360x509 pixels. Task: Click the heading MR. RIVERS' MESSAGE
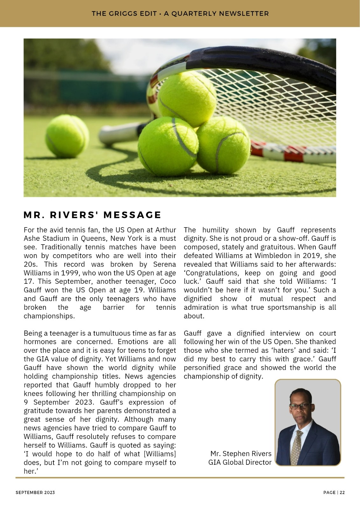coord(92,215)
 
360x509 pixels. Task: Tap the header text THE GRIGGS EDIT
coord(124,14)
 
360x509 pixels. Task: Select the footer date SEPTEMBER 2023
coord(35,492)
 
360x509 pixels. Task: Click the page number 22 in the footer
coord(342,492)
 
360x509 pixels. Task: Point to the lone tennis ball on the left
coord(67,136)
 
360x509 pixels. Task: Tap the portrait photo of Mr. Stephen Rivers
coord(307,422)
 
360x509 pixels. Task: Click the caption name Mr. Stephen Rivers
coord(241,454)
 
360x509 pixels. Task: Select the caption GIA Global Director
coord(240,462)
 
